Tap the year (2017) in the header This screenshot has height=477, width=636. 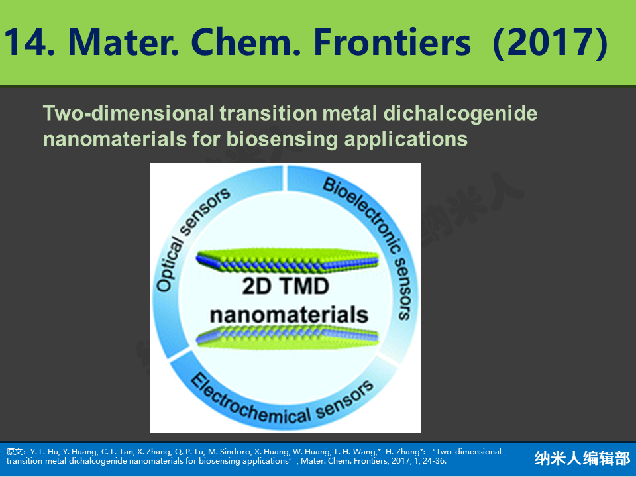pyautogui.click(x=550, y=43)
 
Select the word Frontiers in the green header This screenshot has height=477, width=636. pyautogui.click(x=392, y=42)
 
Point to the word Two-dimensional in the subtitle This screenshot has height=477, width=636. pyautogui.click(x=128, y=113)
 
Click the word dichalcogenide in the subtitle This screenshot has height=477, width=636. pyautogui.click(x=460, y=114)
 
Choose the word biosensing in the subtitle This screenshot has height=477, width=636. pyautogui.click(x=282, y=140)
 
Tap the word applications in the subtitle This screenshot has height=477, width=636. pyautogui.click(x=405, y=140)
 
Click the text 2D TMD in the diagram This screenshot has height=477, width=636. pyautogui.click(x=286, y=286)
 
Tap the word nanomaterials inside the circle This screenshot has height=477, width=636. pyautogui.click(x=289, y=315)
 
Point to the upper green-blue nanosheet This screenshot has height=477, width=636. pyautogui.click(x=288, y=260)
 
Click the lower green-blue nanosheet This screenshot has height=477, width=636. pyautogui.click(x=288, y=336)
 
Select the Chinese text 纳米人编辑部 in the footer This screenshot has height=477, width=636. pyautogui.click(x=582, y=458)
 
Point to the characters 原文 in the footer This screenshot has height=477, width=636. pyautogui.click(x=15, y=452)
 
